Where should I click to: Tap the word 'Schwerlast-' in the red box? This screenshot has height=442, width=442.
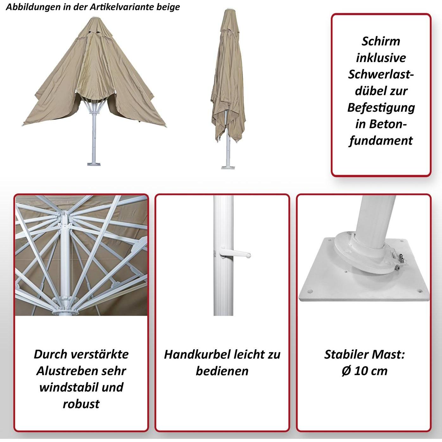(x=381, y=74)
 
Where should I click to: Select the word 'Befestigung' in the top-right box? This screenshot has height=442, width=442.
(x=381, y=108)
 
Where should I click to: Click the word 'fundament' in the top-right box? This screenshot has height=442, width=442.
(x=381, y=140)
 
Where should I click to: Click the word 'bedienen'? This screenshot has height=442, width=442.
(x=222, y=371)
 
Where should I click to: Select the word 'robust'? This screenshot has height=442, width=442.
(x=81, y=404)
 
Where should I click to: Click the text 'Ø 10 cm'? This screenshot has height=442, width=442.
(x=364, y=371)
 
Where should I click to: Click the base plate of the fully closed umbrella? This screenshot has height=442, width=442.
(x=228, y=167)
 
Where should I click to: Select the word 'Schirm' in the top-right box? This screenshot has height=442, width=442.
(x=381, y=41)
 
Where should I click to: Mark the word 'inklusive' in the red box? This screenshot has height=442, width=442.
(x=381, y=58)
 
